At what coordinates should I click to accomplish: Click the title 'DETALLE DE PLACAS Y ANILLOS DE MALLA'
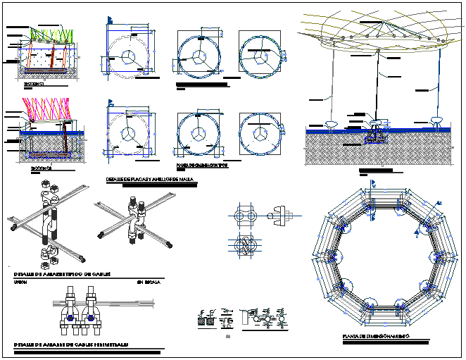click(x=150, y=180)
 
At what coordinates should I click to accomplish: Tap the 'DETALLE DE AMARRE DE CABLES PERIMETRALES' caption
click(x=71, y=345)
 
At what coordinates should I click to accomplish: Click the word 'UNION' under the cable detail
click(x=21, y=281)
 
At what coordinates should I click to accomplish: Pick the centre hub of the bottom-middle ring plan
click(x=199, y=134)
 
